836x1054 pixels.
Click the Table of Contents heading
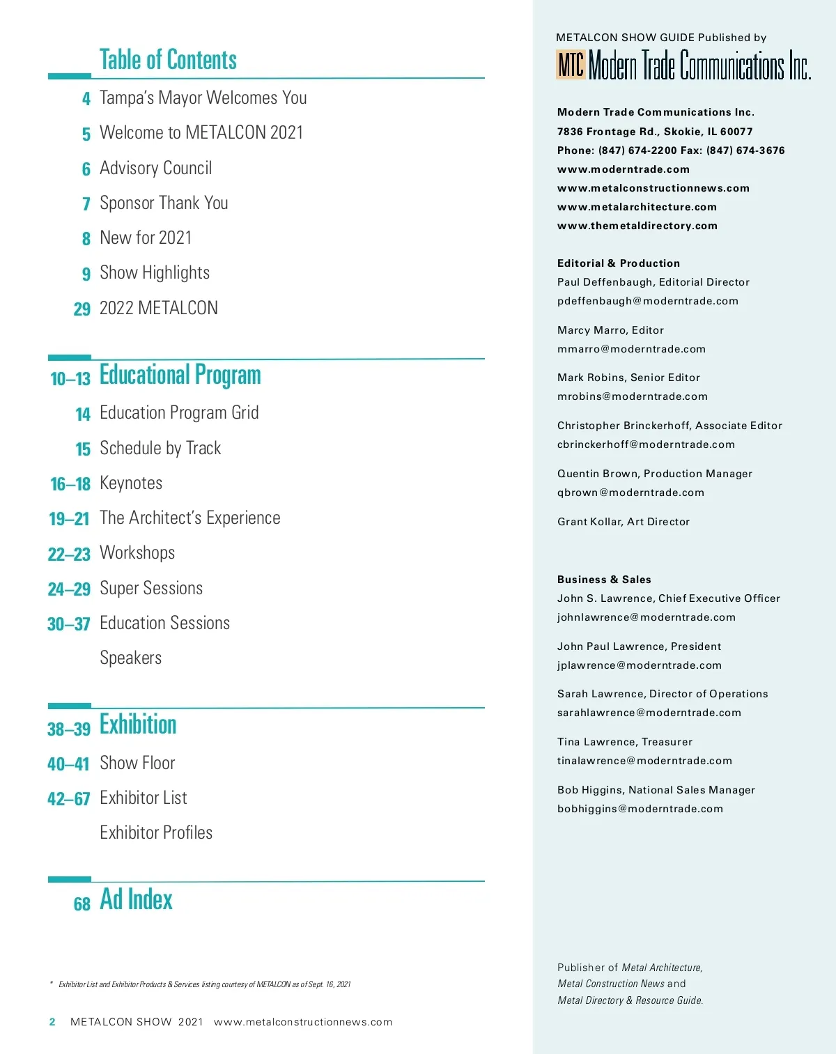[x=168, y=60]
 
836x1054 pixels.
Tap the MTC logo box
[x=571, y=65]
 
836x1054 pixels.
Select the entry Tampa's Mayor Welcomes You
[x=203, y=98]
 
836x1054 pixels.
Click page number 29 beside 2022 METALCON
[x=82, y=309]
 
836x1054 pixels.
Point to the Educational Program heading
[x=180, y=375]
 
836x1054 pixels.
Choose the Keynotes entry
[x=131, y=483]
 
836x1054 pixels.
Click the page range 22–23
[x=69, y=555]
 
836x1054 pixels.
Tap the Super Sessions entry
[x=151, y=588]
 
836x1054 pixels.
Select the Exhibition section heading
[x=138, y=724]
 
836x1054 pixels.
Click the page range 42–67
[x=69, y=799]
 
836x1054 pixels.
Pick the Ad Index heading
[x=136, y=899]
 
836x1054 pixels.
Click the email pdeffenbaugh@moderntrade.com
[x=647, y=301]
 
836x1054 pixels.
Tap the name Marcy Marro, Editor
[x=610, y=330]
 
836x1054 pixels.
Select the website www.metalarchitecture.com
[x=637, y=207]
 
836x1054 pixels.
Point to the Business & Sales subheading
[x=604, y=580]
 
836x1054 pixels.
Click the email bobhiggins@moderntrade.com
[x=640, y=809]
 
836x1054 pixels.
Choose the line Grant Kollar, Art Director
[x=623, y=522]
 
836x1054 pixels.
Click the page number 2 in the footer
[x=52, y=1022]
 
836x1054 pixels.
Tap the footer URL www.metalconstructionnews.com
[x=303, y=1022]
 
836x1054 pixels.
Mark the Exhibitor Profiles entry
[x=156, y=832]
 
